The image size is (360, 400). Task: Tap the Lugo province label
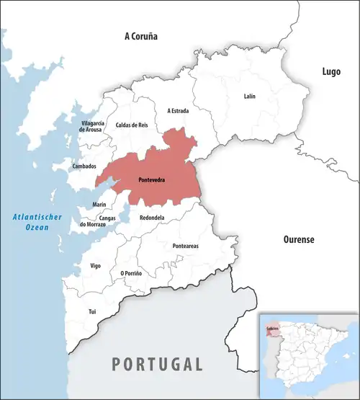(330, 71)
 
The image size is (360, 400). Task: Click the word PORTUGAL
(157, 363)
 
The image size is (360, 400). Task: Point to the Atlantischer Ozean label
(32, 222)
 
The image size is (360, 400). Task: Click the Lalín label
(249, 96)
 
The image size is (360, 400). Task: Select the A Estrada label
(179, 111)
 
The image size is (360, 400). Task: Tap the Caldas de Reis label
(132, 125)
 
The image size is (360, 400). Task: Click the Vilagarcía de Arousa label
(93, 127)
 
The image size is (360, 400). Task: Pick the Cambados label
(85, 166)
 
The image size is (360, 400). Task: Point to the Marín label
(99, 205)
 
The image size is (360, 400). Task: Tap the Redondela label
(152, 218)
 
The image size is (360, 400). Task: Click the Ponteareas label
(186, 246)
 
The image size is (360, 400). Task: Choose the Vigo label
(95, 266)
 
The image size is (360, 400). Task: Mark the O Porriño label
(131, 273)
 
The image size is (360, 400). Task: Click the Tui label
(91, 311)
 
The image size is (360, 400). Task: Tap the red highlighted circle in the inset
(271, 329)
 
